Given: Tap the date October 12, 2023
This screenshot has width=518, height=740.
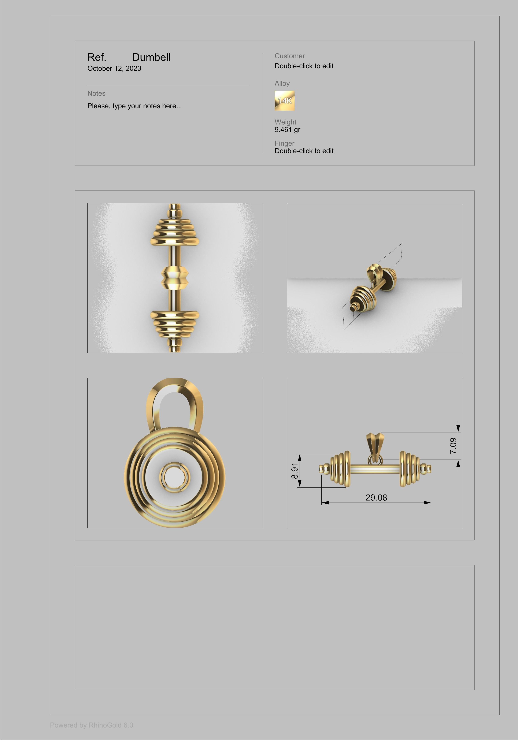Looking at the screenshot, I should tap(114, 68).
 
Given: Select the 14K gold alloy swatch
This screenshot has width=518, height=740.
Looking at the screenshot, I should tap(284, 101).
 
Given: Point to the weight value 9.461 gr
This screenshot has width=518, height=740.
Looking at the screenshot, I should tap(287, 130).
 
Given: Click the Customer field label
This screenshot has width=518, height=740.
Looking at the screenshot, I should tap(289, 56).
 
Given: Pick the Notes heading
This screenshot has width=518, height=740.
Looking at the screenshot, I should tap(96, 93).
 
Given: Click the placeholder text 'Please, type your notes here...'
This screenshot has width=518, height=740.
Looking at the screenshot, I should tap(134, 106).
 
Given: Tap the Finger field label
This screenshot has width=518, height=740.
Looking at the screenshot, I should tap(284, 143).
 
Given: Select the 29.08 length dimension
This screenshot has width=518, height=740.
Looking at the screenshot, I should tap(376, 498).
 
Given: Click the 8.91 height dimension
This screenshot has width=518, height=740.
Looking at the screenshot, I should tap(294, 471).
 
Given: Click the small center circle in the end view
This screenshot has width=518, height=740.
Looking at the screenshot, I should tap(174, 477).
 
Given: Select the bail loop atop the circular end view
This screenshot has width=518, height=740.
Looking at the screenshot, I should tap(174, 403).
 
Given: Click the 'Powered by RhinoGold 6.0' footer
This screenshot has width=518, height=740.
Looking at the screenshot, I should tap(92, 725).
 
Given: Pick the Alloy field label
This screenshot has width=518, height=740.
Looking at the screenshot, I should tap(282, 84).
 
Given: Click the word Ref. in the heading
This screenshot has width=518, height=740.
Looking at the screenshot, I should tap(97, 57).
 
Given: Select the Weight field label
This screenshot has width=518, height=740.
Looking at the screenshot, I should tap(285, 122).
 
